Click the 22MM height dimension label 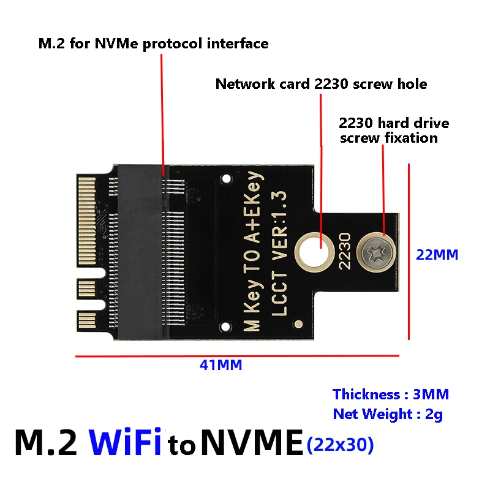click(x=437, y=254)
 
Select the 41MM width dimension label click(x=221, y=365)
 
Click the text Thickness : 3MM click(x=391, y=394)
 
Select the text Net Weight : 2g click(x=388, y=414)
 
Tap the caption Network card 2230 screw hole click(x=321, y=84)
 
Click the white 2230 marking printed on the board click(x=345, y=251)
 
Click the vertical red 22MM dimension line click(x=409, y=251)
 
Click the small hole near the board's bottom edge click(x=298, y=324)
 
